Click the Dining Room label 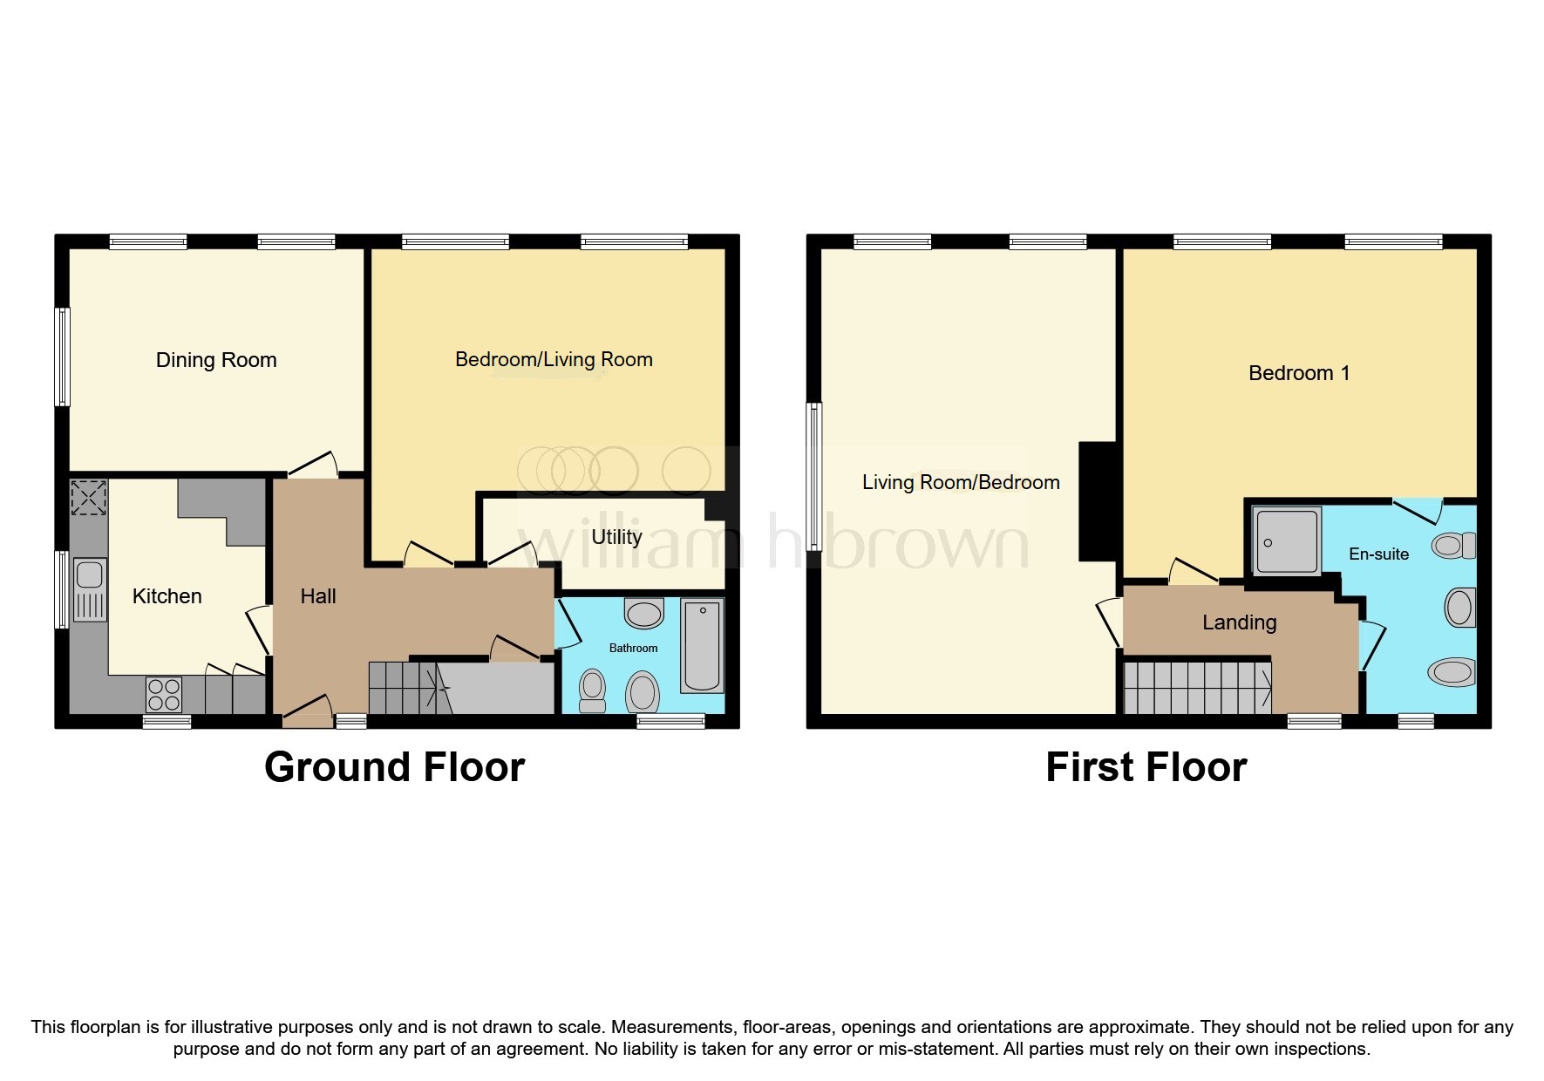tap(216, 360)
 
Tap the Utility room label tap(616, 537)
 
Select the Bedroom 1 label tap(1298, 373)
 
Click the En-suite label tap(1378, 554)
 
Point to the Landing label tap(1239, 622)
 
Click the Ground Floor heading tap(394, 767)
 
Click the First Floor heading tap(1146, 767)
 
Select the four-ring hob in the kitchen tap(164, 695)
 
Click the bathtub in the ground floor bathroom tap(702, 645)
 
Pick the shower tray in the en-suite tap(1286, 541)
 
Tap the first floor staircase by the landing tap(1196, 688)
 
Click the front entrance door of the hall tap(307, 712)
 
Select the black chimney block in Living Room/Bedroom tap(1098, 501)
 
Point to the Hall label tap(318, 596)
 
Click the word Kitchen tap(167, 596)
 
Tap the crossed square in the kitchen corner tap(88, 497)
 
